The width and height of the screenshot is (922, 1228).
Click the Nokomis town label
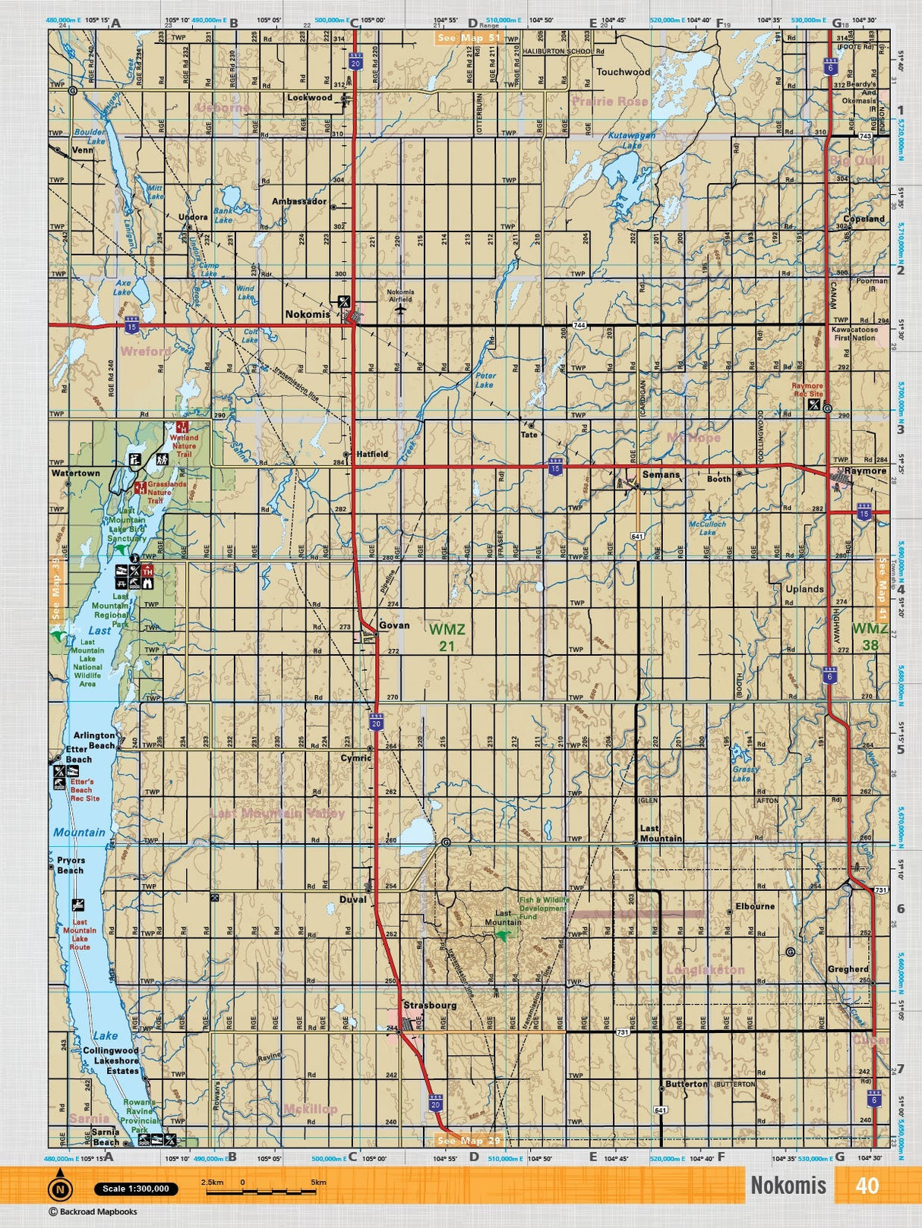pos(308,314)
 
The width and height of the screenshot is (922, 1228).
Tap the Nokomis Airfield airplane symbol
pos(400,309)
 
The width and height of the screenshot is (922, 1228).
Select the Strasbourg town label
pos(430,1005)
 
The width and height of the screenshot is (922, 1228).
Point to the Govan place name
pos(394,625)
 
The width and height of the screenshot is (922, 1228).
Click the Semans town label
pos(661,474)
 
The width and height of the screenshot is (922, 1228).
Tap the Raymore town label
pos(865,471)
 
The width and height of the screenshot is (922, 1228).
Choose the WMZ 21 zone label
pos(447,637)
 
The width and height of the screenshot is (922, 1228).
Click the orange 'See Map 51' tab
pos(469,37)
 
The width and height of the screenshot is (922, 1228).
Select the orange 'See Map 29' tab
pos(469,1140)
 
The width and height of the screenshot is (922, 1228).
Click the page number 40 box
pos(867,1185)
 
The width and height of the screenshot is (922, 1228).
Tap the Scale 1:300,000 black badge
pos(136,1189)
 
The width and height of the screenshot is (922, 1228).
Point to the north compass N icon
pos(60,1189)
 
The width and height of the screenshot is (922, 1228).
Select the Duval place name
pos(352,899)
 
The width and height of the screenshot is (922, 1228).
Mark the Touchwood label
pos(623,72)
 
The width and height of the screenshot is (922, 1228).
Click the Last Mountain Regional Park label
pos(111,610)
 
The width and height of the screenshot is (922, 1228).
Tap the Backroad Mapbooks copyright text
pos(93,1212)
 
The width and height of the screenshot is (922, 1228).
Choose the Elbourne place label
pos(755,906)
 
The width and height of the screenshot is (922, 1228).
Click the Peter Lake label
pos(485,380)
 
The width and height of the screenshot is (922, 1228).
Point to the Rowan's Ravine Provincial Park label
pos(141,1115)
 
